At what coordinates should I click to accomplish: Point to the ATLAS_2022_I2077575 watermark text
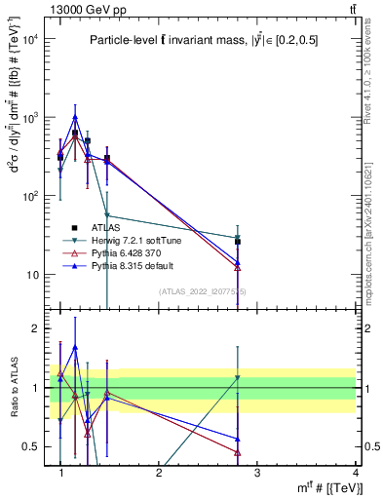pyautogui.click(x=203, y=290)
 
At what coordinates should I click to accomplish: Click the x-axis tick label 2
pyautogui.click(x=159, y=473)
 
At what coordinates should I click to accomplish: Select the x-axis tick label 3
pyautogui.click(x=257, y=473)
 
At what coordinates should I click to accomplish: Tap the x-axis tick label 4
pyautogui.click(x=356, y=473)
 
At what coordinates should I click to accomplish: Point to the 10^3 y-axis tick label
pyautogui.click(x=28, y=118)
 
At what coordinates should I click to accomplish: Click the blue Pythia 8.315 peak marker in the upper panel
pyautogui.click(x=75, y=117)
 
